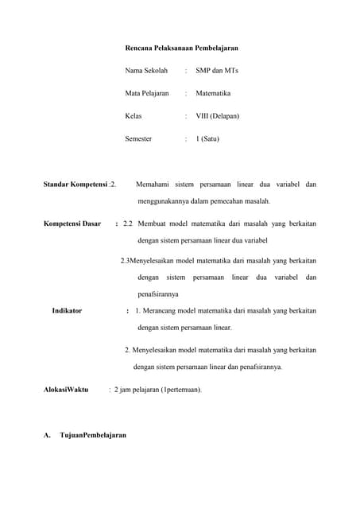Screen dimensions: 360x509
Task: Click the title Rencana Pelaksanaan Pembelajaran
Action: point(182,49)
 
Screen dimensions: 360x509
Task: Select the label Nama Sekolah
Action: point(147,71)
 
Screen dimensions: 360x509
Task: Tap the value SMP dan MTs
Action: point(217,71)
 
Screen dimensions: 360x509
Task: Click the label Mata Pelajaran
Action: point(147,93)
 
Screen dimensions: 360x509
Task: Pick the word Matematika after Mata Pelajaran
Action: point(214,93)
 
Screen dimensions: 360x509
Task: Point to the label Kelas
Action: point(134,116)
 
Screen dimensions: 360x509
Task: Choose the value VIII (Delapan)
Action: point(217,116)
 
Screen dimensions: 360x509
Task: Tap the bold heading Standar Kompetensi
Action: point(75,185)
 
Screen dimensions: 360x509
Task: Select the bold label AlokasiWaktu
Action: point(65,390)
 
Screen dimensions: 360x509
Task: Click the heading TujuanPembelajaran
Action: point(93,436)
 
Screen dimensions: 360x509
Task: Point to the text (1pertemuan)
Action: point(181,390)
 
